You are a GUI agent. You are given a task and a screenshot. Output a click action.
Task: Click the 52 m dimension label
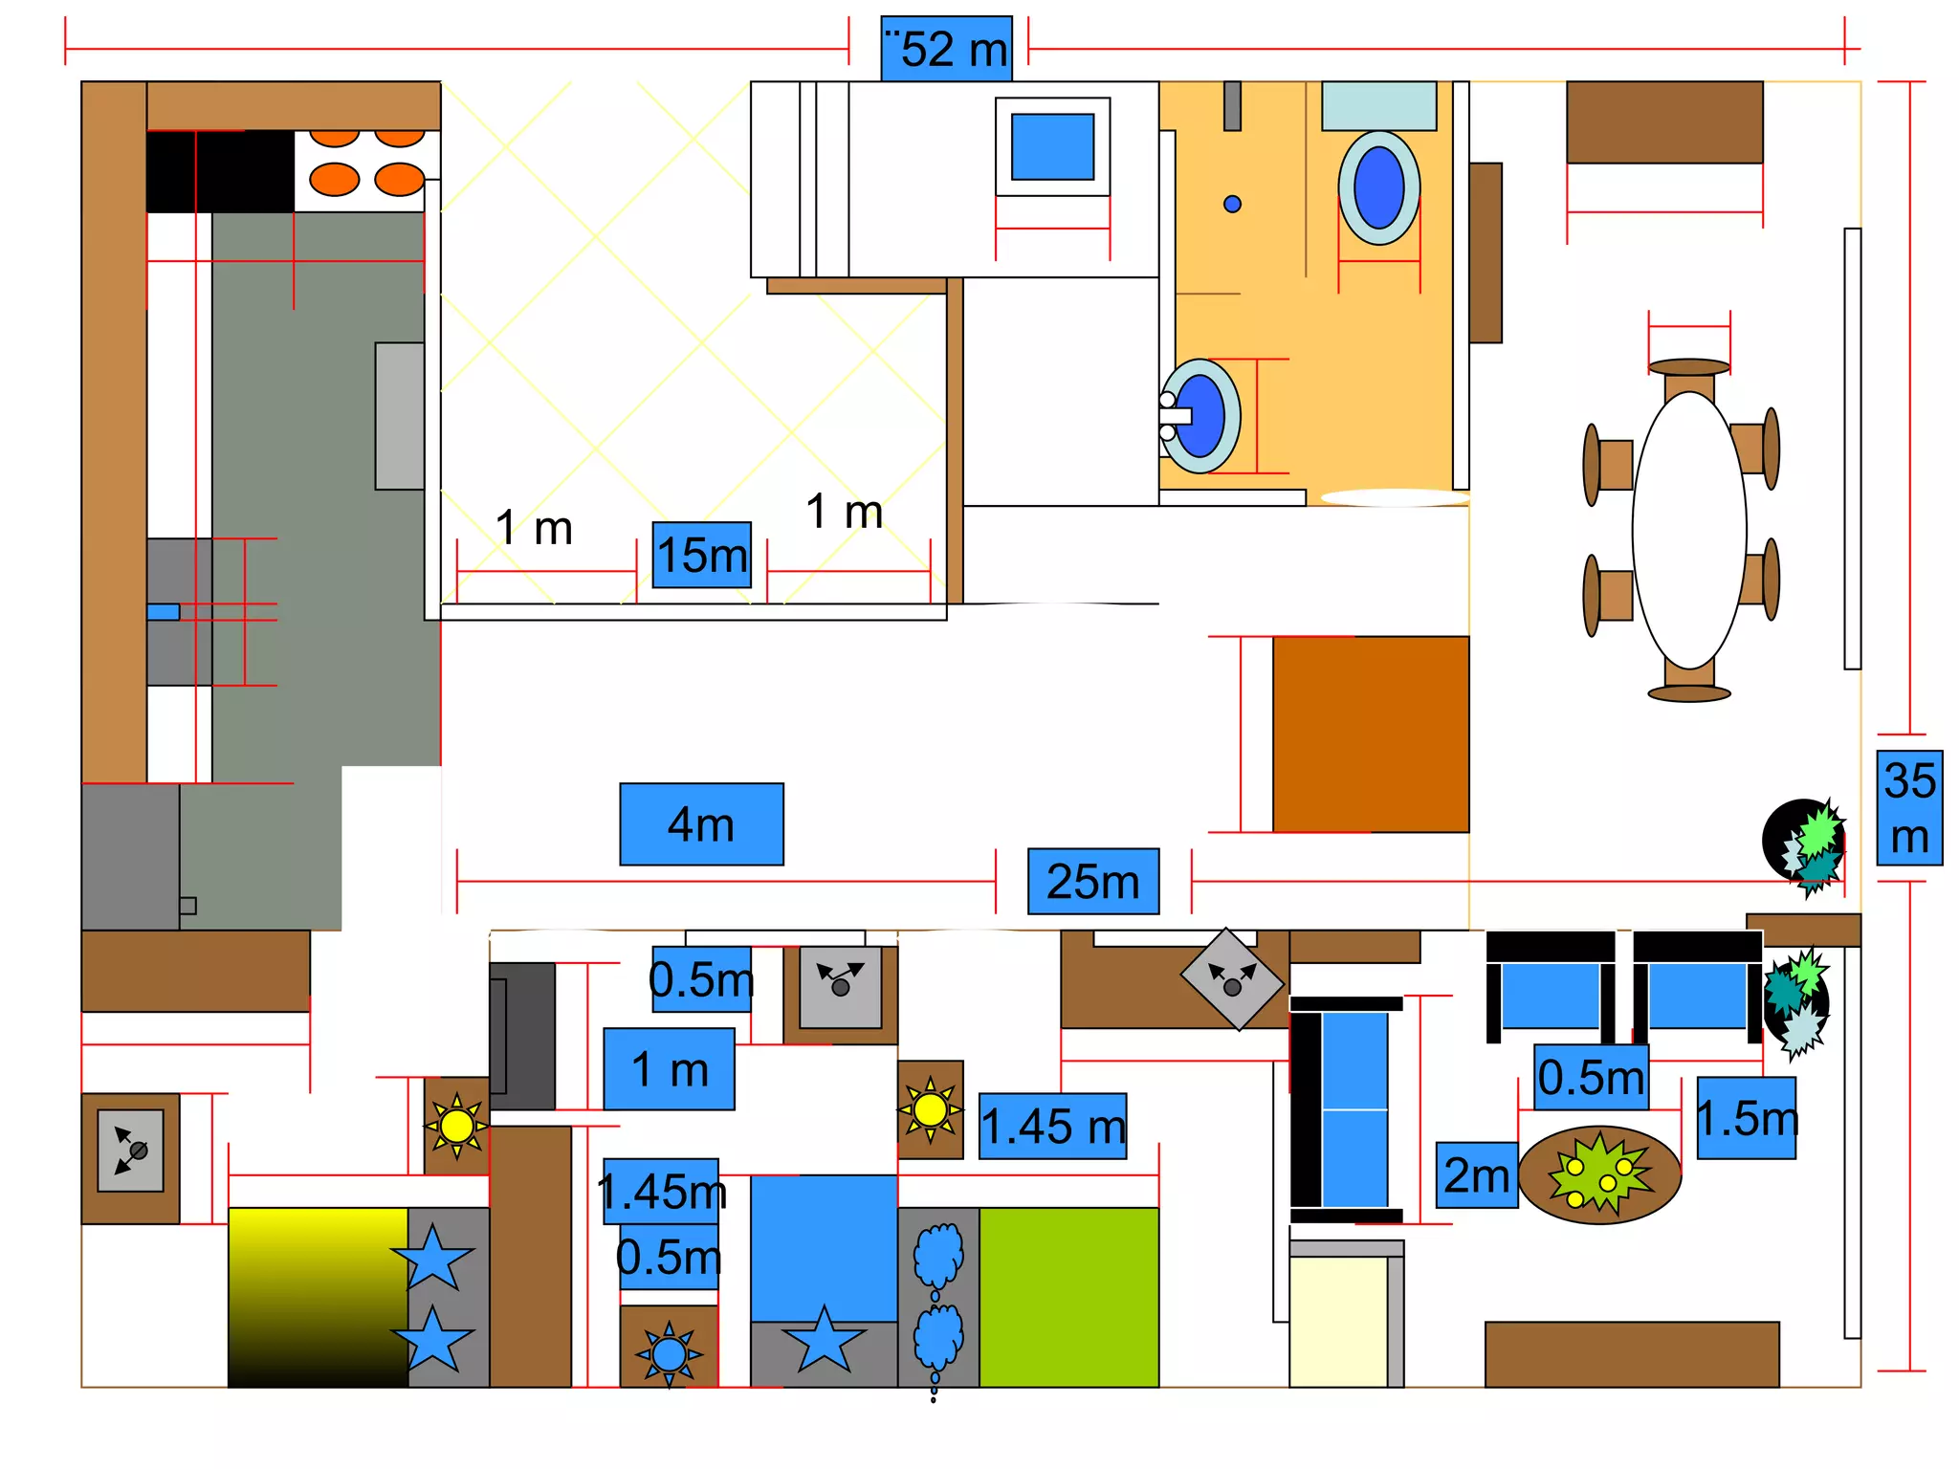click(x=946, y=48)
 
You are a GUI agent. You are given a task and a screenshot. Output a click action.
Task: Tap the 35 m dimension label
click(x=1909, y=808)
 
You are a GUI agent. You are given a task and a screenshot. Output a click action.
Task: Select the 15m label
click(x=702, y=555)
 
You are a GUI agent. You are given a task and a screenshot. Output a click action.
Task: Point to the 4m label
click(x=701, y=824)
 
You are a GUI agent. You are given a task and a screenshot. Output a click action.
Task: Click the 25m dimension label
click(x=1093, y=882)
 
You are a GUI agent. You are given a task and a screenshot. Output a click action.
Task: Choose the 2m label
click(x=1477, y=1175)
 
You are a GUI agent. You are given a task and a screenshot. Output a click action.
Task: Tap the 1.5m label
click(x=1747, y=1118)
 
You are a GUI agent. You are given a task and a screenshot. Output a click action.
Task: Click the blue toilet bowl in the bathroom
click(x=1379, y=187)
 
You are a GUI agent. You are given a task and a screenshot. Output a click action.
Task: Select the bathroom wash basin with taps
click(x=1200, y=416)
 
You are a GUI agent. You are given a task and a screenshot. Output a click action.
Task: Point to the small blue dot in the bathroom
click(x=1233, y=204)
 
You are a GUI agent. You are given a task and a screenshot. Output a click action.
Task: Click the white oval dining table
click(x=1689, y=530)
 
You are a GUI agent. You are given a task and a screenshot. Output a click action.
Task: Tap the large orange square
click(x=1371, y=734)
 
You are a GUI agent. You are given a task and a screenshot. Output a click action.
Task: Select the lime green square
click(x=1069, y=1298)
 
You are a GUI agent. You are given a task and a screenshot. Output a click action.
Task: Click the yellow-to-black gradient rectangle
click(x=319, y=1298)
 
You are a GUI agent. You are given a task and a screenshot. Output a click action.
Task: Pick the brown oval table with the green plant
click(x=1600, y=1175)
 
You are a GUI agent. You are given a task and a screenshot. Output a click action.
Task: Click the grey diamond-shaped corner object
click(x=1233, y=979)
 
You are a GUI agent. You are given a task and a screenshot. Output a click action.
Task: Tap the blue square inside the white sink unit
click(x=1053, y=146)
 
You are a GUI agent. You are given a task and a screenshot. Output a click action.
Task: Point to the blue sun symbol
click(x=669, y=1354)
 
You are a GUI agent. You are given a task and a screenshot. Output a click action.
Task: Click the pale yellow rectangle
click(x=1338, y=1323)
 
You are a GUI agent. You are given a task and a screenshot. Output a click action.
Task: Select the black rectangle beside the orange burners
click(x=220, y=171)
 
